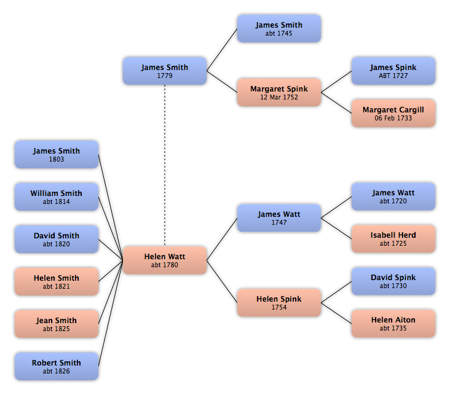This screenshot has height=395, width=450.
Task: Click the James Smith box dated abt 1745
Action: [x=279, y=29]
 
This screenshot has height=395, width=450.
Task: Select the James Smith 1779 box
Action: [x=165, y=71]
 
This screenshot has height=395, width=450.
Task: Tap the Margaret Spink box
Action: [x=279, y=92]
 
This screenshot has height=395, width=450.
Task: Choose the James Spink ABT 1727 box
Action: [x=393, y=71]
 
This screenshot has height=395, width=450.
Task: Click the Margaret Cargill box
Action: [x=393, y=113]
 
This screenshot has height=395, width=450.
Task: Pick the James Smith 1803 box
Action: [x=57, y=154]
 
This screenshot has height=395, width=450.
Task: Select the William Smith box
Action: [x=57, y=197]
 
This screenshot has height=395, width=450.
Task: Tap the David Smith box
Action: [x=57, y=239]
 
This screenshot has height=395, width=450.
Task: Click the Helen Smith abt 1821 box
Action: [x=57, y=281]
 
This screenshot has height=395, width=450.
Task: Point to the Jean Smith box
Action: [x=57, y=324]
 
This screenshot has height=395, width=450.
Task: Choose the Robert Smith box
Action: [x=57, y=366]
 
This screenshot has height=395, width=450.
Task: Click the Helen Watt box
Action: [x=165, y=260]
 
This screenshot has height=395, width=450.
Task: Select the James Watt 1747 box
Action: [x=279, y=218]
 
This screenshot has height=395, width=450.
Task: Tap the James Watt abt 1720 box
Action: [x=393, y=197]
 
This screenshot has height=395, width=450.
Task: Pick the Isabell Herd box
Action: [x=393, y=239]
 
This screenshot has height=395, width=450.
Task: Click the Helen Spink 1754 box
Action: [x=279, y=303]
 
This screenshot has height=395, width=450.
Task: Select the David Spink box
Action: [x=393, y=281]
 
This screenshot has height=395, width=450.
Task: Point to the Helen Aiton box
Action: [x=393, y=324]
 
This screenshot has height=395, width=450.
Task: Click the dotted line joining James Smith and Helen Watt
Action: [x=165, y=165]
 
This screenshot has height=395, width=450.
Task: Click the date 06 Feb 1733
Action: [x=393, y=118]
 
